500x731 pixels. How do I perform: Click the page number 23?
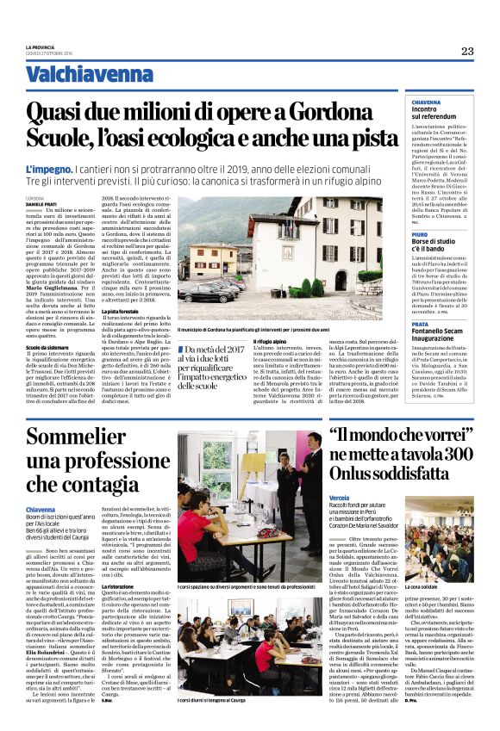[467, 51]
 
